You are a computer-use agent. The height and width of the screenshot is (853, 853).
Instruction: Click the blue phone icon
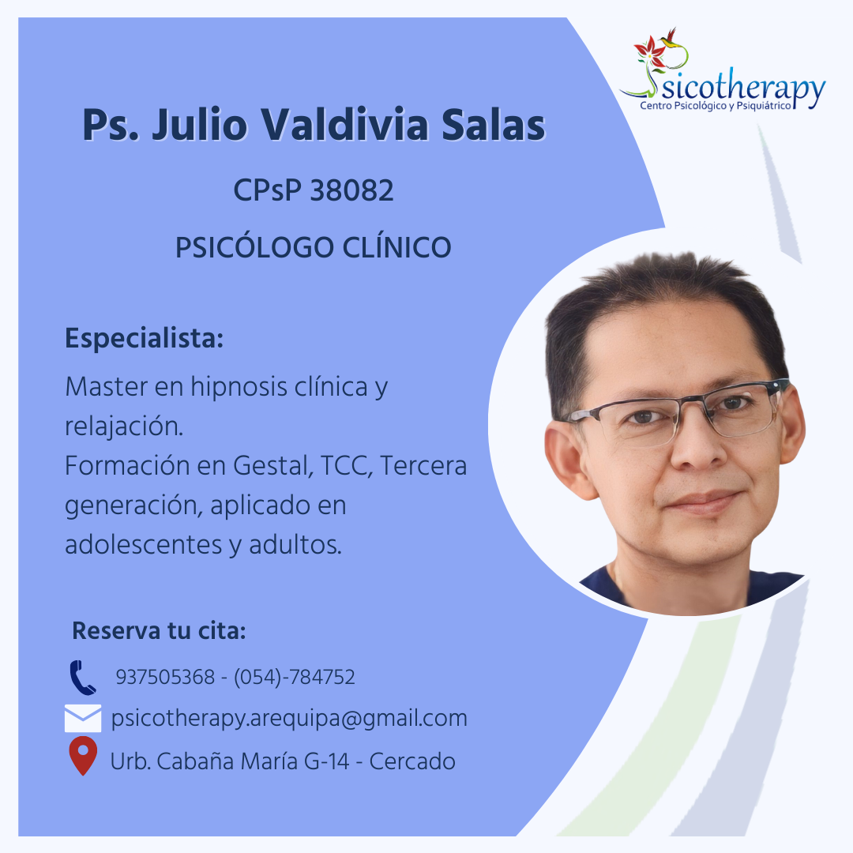pyautogui.click(x=83, y=678)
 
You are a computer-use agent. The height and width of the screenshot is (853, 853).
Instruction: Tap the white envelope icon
pyautogui.click(x=83, y=718)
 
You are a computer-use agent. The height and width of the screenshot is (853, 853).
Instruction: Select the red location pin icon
pyautogui.click(x=83, y=756)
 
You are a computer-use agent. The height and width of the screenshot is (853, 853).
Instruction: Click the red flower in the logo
pyautogui.click(x=650, y=50)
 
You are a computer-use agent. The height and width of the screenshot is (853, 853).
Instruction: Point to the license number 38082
pyautogui.click(x=351, y=190)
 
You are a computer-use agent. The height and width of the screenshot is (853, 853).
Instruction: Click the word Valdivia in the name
pyautogui.click(x=345, y=125)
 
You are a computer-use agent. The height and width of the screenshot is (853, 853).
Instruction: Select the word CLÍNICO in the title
pyautogui.click(x=396, y=247)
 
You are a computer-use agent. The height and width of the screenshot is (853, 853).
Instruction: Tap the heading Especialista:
pyautogui.click(x=145, y=338)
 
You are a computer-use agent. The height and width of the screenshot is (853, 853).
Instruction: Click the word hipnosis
pyautogui.click(x=239, y=387)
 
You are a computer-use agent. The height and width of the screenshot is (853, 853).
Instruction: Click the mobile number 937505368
pyautogui.click(x=165, y=678)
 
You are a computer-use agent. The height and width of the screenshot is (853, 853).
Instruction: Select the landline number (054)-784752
pyautogui.click(x=295, y=678)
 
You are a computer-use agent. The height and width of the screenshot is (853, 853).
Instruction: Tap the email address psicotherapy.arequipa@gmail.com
pyautogui.click(x=289, y=719)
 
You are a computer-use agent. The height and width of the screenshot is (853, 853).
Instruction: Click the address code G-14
pyautogui.click(x=326, y=761)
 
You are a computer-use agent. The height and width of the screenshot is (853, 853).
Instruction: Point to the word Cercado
pyautogui.click(x=412, y=761)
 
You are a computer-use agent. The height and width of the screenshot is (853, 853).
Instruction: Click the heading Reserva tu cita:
pyautogui.click(x=159, y=631)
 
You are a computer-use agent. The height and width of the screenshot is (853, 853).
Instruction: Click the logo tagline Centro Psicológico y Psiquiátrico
pyautogui.click(x=716, y=106)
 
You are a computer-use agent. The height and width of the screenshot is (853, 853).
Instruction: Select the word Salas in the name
pyautogui.click(x=493, y=125)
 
